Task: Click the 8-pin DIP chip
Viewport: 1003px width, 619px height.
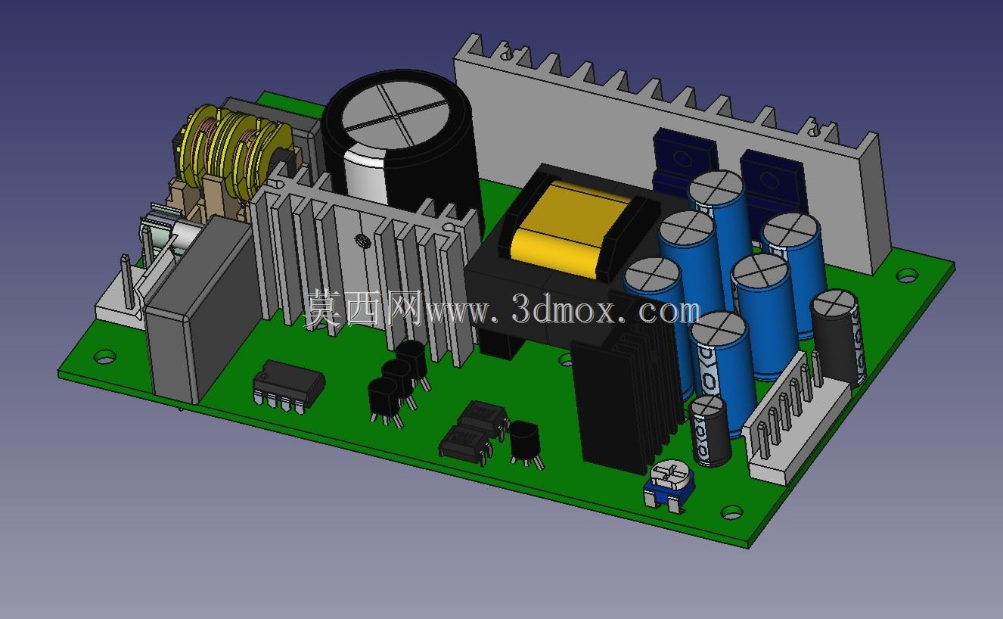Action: click(288, 386)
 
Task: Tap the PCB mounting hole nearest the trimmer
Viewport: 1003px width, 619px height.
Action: click(732, 512)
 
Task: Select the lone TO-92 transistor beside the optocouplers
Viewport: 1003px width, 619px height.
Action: click(525, 443)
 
